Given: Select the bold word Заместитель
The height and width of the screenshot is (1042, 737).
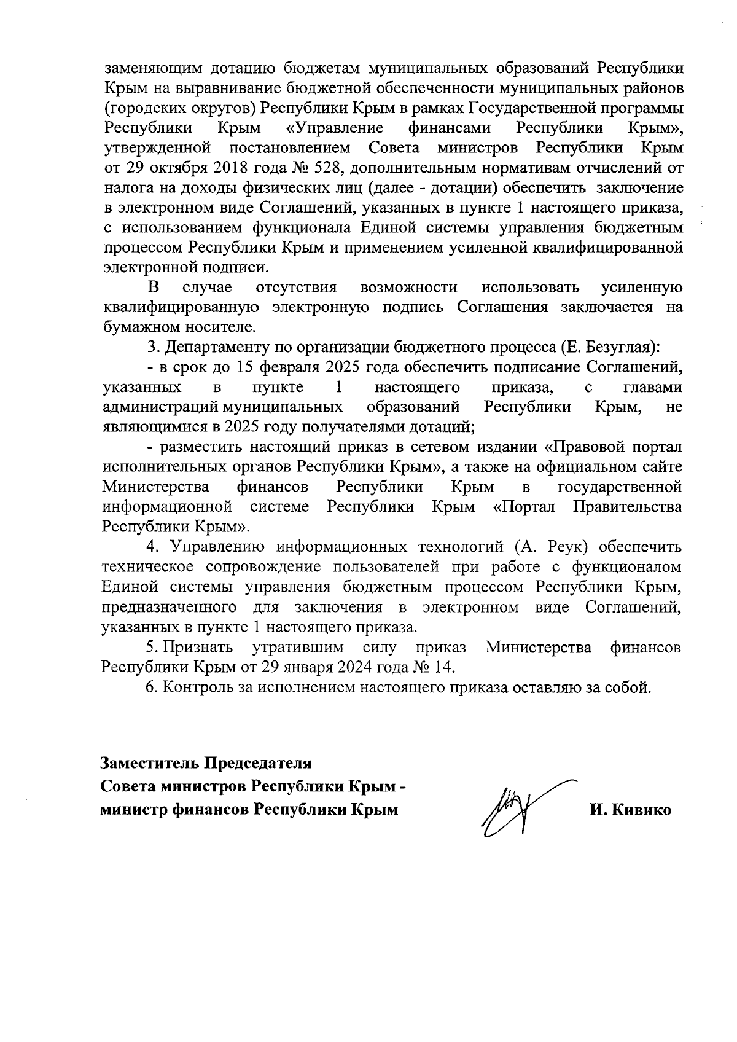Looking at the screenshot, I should coord(150,764).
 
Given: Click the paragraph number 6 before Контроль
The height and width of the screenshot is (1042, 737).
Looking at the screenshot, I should coord(151,687).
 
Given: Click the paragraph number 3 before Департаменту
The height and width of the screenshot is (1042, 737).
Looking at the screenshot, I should coord(151,347).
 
